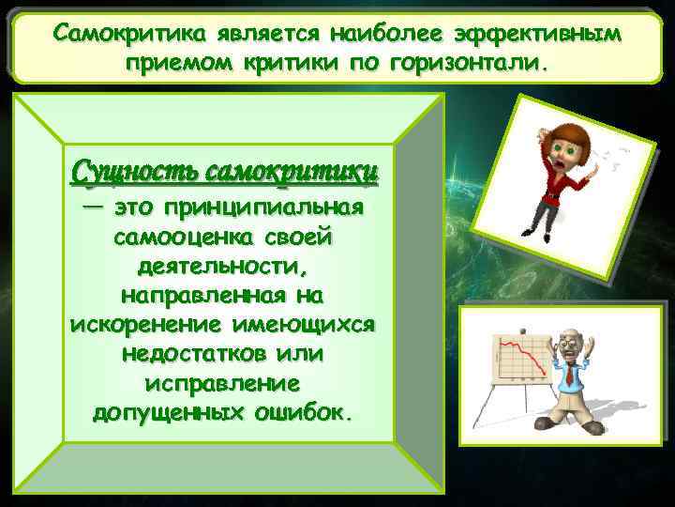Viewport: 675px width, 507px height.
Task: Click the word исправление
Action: (223, 385)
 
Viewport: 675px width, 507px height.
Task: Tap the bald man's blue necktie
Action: (568, 376)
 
